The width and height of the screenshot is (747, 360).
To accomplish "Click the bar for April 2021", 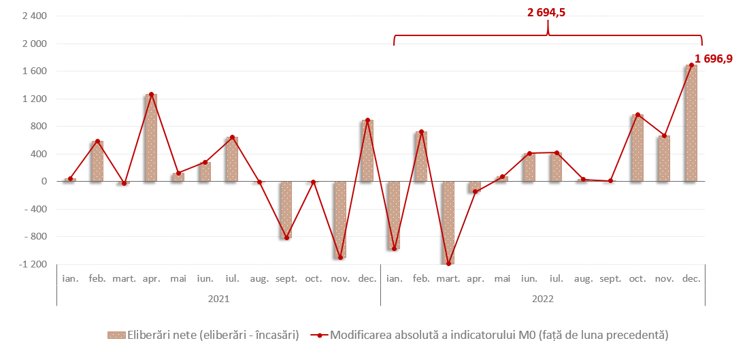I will point(150,138).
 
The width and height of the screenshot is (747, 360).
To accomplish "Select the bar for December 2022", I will point(691,123).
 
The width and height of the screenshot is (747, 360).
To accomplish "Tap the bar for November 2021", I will point(340,219).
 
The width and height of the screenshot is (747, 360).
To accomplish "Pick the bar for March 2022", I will point(448,223).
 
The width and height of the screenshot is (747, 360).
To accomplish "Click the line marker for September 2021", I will point(286,238).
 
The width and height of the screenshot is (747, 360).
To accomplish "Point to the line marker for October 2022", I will point(637,115).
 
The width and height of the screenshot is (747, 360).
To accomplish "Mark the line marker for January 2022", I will point(394,249).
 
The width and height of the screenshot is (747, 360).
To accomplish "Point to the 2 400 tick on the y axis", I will point(33,16).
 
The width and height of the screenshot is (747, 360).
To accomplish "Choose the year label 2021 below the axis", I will point(218,299).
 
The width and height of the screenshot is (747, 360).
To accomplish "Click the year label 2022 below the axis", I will point(542,299).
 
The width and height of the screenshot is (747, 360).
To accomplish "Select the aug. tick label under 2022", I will point(583,279).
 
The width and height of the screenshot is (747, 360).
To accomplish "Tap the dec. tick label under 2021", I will point(367,279).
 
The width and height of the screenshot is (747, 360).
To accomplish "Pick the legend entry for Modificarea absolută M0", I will point(489,335).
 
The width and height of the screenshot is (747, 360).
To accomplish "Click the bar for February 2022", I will point(421,157).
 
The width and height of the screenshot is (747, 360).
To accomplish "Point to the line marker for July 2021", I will point(232,137).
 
